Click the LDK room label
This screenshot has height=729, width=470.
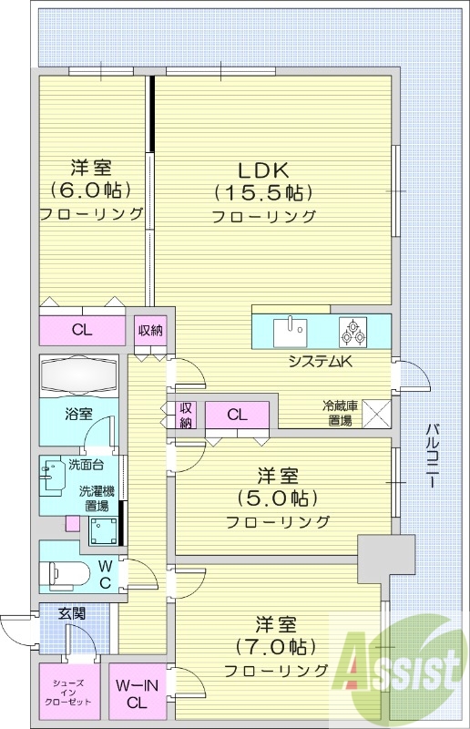pos(263,169)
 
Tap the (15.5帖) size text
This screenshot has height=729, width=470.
pos(263,192)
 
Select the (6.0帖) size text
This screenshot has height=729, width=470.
pos(91,190)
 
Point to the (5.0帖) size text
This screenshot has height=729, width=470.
pos(278,498)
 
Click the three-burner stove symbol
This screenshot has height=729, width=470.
pos(352,333)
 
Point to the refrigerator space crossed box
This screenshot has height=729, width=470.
pos(377,413)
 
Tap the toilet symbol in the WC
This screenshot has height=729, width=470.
pos(68,574)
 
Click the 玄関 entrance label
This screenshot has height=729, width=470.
pos(73,613)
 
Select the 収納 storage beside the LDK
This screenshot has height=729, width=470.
pos(151,330)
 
